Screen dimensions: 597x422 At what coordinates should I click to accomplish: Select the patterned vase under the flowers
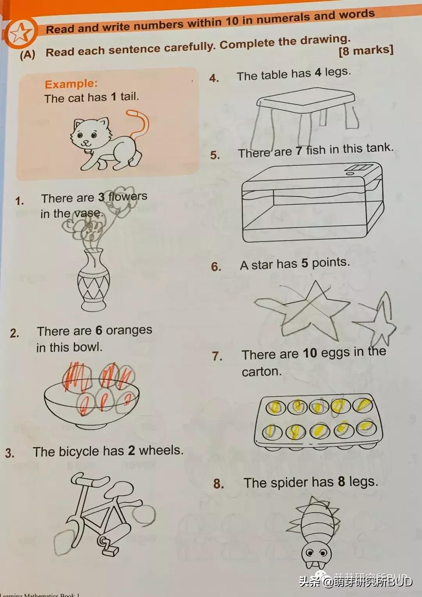93,279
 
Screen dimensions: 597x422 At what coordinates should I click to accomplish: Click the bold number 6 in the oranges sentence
99,331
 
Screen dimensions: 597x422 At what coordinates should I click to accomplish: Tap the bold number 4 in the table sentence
318,73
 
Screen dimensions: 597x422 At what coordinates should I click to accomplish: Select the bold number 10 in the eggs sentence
310,353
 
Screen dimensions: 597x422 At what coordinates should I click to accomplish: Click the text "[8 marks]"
366,50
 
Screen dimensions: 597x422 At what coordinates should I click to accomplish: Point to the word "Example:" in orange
71,84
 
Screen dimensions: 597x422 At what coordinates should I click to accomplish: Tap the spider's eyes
316,553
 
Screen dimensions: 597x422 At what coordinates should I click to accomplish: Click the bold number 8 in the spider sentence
342,482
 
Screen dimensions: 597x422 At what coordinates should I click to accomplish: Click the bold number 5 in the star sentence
304,263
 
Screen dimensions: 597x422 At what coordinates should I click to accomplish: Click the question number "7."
217,356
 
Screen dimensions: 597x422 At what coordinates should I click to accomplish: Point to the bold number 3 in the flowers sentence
102,197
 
